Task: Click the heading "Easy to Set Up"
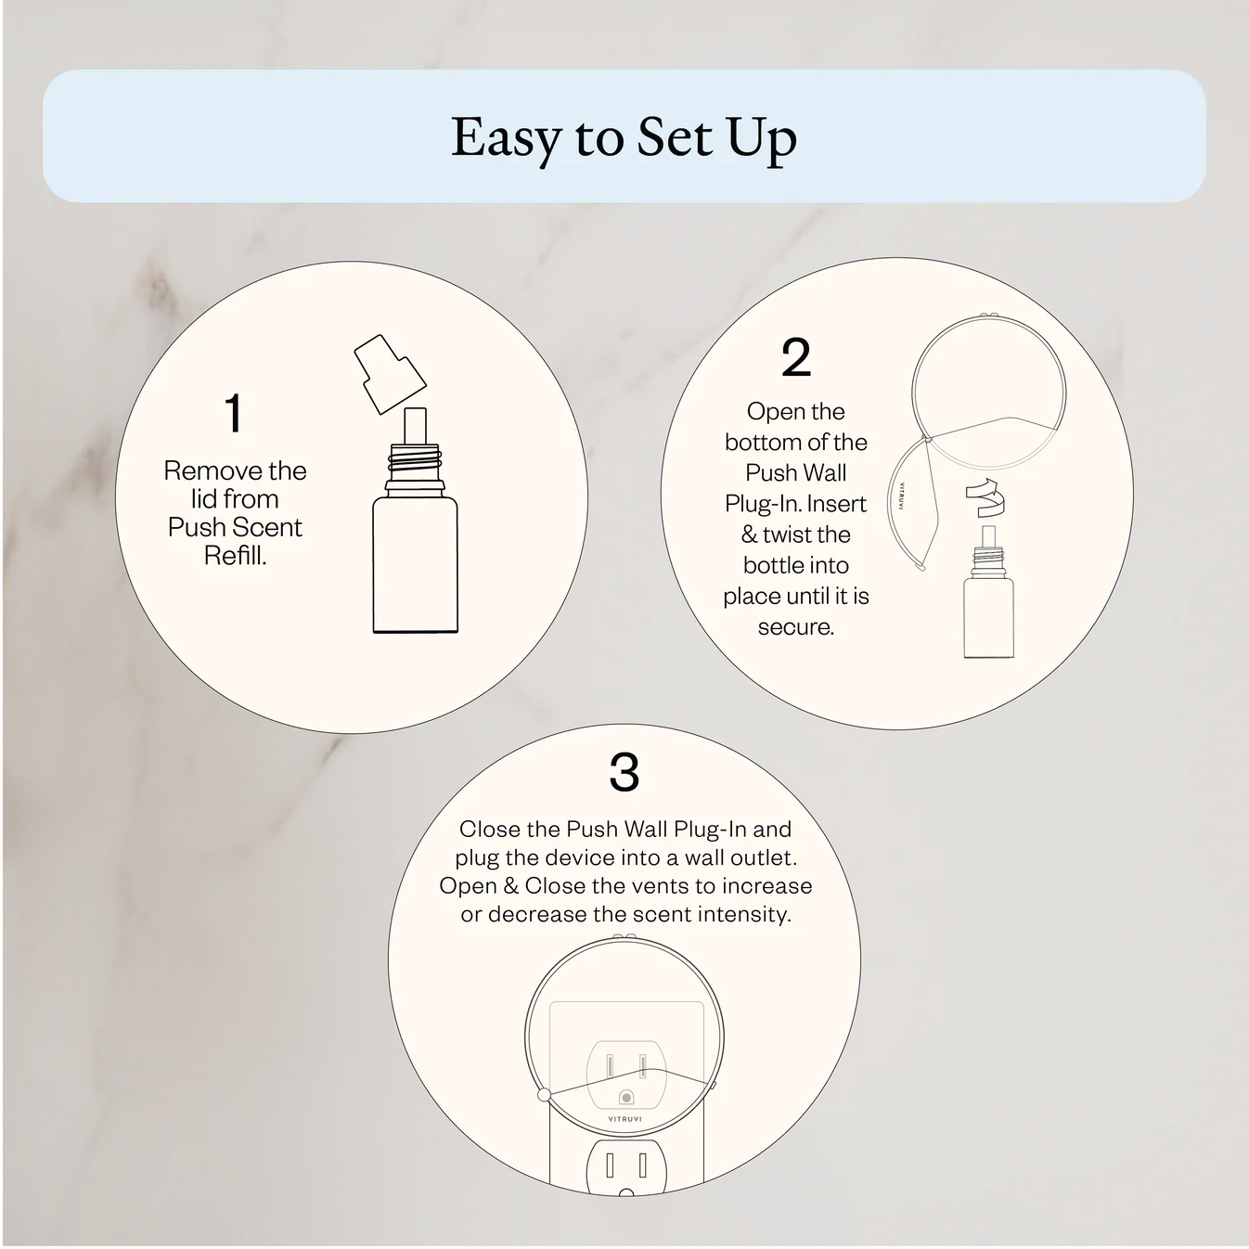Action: (x=624, y=137)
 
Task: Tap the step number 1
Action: (x=234, y=414)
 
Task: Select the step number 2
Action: (x=796, y=358)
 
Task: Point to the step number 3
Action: (x=624, y=772)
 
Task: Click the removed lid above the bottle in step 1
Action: (x=390, y=373)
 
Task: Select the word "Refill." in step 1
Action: (x=235, y=556)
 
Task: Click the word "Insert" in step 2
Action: (x=837, y=504)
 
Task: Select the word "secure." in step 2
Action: (x=796, y=627)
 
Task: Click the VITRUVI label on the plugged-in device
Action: (x=624, y=1119)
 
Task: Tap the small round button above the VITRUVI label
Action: (x=625, y=1098)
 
